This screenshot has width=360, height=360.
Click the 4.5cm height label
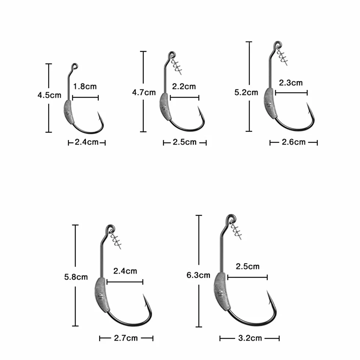[x=49, y=95]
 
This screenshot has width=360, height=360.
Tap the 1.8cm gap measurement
[x=85, y=87]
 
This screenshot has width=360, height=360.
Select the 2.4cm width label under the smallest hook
[x=87, y=142]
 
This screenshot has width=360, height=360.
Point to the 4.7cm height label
[x=144, y=92]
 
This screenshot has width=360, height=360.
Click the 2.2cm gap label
[x=184, y=87]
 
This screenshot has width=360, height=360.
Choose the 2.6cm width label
[x=294, y=142]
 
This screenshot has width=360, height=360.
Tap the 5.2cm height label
[x=246, y=92]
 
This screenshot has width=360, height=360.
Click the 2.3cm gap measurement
[x=291, y=83]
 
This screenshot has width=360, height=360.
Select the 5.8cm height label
[x=76, y=277]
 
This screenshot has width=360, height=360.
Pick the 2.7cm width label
[x=126, y=338]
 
